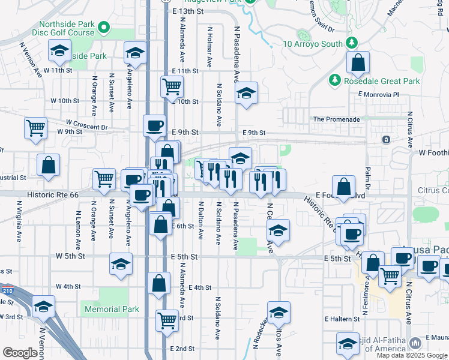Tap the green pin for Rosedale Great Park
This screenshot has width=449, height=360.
click(x=334, y=80)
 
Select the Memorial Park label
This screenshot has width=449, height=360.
click(x=112, y=310)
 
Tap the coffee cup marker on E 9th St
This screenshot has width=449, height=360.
click(x=155, y=125)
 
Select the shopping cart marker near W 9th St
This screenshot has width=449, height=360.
click(x=35, y=127)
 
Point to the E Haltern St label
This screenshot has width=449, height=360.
click(x=345, y=319)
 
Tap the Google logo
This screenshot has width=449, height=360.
click(x=20, y=353)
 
